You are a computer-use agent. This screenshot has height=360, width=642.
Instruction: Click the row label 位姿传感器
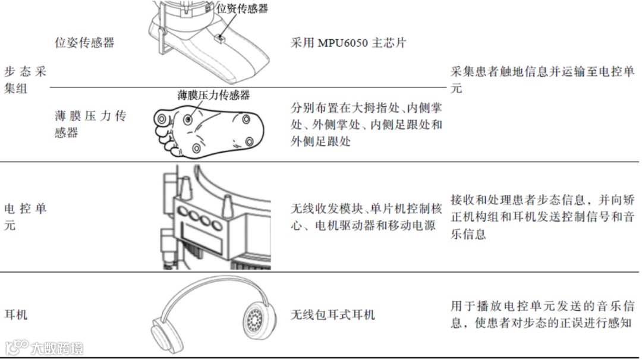point(84,43)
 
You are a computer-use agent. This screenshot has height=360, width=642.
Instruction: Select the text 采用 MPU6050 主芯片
point(348,43)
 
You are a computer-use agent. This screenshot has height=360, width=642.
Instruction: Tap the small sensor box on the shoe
point(220,39)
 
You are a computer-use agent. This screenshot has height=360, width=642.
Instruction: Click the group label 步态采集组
point(25,80)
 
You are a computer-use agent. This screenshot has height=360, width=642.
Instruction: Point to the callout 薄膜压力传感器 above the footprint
point(213,95)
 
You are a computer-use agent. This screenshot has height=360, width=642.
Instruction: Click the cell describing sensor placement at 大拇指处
point(366,125)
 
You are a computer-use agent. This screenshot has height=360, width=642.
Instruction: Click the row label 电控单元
point(25,217)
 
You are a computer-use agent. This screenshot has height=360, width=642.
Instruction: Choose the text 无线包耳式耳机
point(332,314)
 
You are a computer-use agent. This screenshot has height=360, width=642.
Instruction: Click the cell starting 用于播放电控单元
point(543,315)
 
